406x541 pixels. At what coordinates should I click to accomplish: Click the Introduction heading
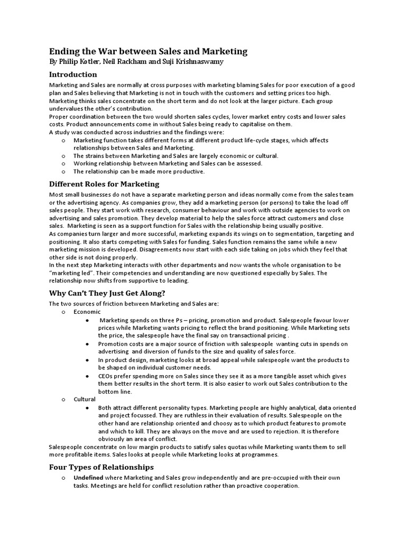click(x=73, y=74)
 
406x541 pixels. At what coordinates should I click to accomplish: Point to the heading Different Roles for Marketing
click(x=104, y=184)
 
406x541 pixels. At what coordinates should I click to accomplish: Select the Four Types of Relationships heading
click(x=101, y=467)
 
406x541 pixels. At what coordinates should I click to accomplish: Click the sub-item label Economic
click(x=87, y=312)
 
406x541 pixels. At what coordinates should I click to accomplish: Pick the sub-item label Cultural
click(x=85, y=399)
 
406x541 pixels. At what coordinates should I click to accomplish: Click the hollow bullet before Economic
click(x=63, y=312)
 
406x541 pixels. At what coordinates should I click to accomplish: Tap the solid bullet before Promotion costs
click(x=87, y=344)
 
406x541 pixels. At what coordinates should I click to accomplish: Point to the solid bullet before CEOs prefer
click(x=87, y=376)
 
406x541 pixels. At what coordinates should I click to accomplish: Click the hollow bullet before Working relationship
click(x=63, y=164)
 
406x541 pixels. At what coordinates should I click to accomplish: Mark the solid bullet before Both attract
click(x=87, y=408)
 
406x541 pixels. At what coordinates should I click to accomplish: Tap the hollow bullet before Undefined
click(x=63, y=478)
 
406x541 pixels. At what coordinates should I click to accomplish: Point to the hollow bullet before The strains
click(x=63, y=156)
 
